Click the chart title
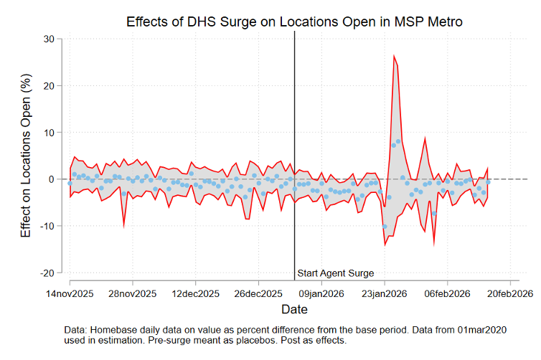click(x=294, y=22)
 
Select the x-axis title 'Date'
click(x=294, y=310)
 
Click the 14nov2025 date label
click(x=70, y=293)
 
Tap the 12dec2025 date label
click(x=196, y=293)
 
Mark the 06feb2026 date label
click(x=447, y=293)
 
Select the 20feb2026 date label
click(x=509, y=293)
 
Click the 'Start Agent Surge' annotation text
click(x=336, y=273)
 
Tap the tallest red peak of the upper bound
click(x=394, y=55)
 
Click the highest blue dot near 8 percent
click(x=398, y=141)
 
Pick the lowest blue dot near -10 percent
click(x=385, y=227)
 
